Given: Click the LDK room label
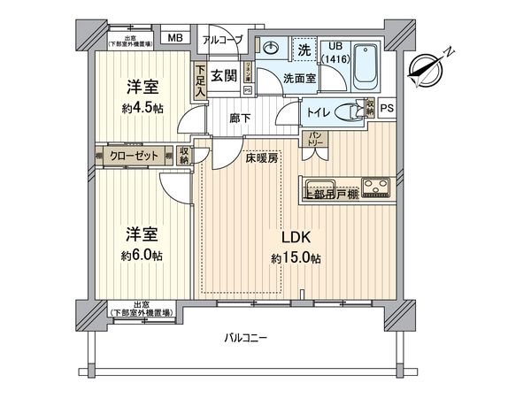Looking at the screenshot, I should click(295, 237).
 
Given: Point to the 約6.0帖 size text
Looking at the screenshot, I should click(142, 255).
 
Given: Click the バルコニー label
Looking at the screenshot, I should click(245, 337).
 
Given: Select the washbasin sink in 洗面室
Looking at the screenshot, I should click(271, 48).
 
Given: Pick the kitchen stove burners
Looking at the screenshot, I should click(378, 187).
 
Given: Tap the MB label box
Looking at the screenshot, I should click(174, 38).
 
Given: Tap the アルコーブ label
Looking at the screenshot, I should click(221, 39).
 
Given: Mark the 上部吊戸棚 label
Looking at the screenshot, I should click(330, 194).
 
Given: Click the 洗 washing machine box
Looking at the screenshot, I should click(303, 50).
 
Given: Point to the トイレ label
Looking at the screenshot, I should click(316, 112).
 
